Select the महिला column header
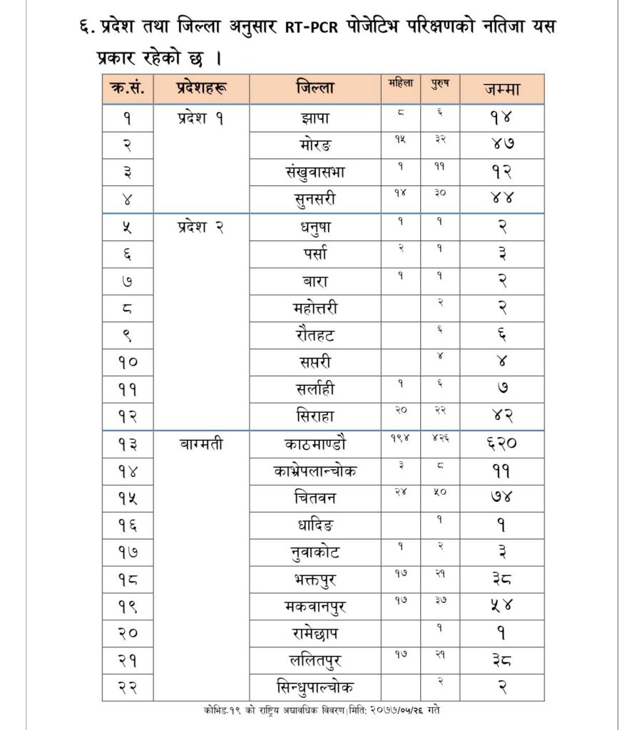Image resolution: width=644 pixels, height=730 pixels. tap(401, 83)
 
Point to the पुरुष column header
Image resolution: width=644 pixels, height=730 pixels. tap(439, 83)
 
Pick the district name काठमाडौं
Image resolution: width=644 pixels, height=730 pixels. tap(314, 443)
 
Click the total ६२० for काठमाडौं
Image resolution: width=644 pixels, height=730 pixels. tap(500, 444)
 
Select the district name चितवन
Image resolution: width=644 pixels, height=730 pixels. tap(314, 496)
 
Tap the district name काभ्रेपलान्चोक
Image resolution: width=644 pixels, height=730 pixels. tap(314, 471)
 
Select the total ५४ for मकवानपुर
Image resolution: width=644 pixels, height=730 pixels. tap(500, 606)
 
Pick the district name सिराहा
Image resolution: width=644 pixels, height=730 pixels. tap(314, 415)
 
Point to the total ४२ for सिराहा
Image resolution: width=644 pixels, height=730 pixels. tap(500, 416)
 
